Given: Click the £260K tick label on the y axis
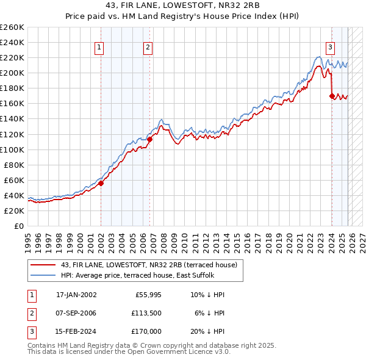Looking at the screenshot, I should pyautogui.click(x=12, y=27).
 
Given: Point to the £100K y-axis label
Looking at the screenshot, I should pyautogui.click(x=12, y=149).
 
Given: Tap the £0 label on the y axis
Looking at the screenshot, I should pyautogui.click(x=18, y=226).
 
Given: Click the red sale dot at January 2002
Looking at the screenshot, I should pyautogui.click(x=101, y=183).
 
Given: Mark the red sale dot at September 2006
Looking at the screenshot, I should pyautogui.click(x=150, y=139).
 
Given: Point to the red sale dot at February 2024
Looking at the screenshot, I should pyautogui.click(x=332, y=96).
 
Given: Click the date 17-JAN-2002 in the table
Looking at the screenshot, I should pyautogui.click(x=76, y=295).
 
